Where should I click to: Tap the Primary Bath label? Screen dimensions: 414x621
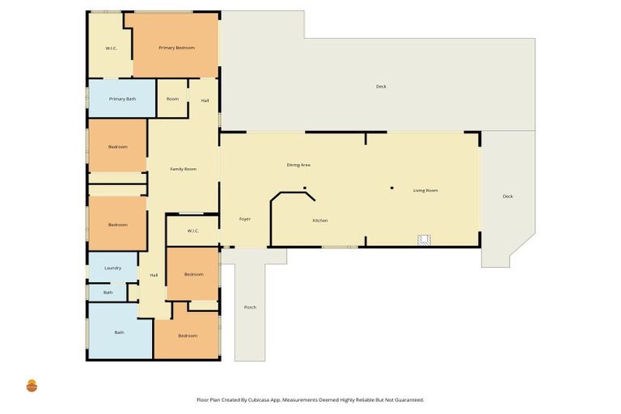point(122,99)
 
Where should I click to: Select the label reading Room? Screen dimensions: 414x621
point(172,99)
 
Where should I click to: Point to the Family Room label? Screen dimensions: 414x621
point(183,169)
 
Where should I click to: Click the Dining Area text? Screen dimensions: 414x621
point(298,165)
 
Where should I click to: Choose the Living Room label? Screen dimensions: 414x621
point(425,191)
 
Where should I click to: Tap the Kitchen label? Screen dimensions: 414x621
point(320,220)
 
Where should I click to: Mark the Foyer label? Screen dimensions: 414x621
point(245,219)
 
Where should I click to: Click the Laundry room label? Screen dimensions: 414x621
point(113,268)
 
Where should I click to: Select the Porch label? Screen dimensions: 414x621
point(250,307)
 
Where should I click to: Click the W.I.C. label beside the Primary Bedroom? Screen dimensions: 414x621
point(112,49)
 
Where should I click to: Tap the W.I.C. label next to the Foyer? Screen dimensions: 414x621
point(192,231)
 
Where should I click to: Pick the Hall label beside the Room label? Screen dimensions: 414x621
point(205,100)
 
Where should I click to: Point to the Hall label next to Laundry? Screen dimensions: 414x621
point(154,276)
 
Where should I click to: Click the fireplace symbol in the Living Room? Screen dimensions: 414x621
point(425,239)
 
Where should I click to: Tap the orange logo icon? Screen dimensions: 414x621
point(32,386)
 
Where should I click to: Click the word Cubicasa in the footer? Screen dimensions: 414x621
point(289,399)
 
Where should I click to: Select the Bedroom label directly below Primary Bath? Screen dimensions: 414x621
point(117,147)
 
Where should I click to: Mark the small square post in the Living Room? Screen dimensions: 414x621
point(392,188)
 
